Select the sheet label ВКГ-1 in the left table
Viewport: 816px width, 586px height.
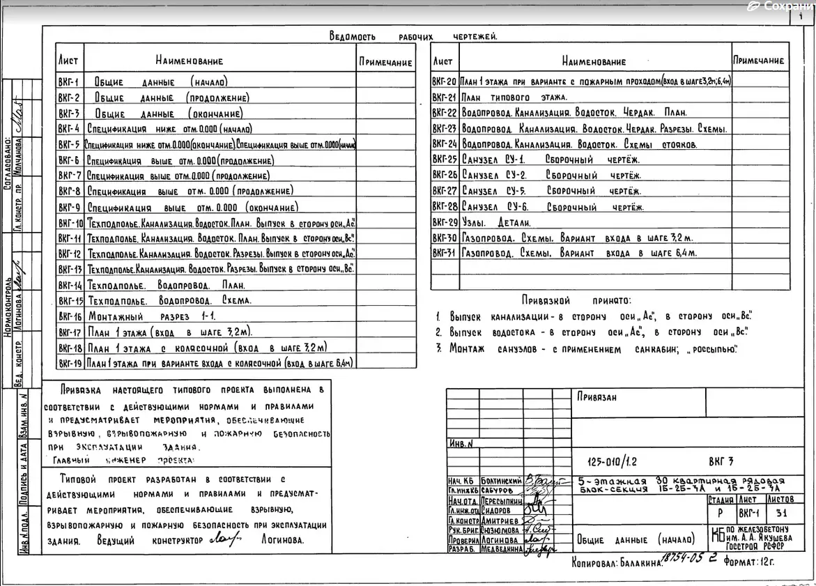tap(69, 82)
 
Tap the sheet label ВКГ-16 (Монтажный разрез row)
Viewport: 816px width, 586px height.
tap(70, 316)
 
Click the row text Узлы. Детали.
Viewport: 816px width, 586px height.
tap(495, 222)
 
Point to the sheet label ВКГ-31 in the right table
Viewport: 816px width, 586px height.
tap(444, 254)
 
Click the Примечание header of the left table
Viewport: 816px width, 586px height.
tap(385, 62)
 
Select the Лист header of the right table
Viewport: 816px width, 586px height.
tap(442, 61)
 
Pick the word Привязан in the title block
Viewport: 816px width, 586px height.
tap(596, 397)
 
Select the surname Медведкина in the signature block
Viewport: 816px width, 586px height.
tap(501, 549)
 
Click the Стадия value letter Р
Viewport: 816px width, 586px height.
tap(719, 512)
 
